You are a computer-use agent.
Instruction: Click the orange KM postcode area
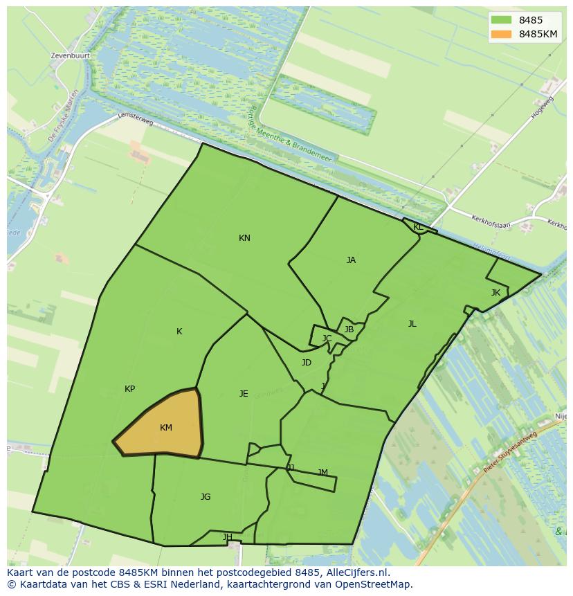(x=163, y=426)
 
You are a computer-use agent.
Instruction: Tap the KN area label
(x=244, y=238)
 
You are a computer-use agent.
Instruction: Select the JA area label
(x=351, y=260)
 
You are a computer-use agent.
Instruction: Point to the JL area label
(x=412, y=324)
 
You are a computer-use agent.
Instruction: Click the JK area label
(x=495, y=293)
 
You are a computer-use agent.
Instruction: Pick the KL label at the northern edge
(x=418, y=227)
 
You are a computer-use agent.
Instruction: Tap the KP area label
(x=129, y=389)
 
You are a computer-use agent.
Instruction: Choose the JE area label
(x=244, y=394)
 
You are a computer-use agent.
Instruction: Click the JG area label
(x=206, y=497)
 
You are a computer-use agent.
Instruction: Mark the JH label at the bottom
(x=227, y=537)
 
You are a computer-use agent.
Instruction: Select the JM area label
(x=322, y=473)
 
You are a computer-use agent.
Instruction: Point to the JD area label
(x=307, y=363)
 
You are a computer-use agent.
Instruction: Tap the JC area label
(x=327, y=338)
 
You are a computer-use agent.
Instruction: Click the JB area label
(x=349, y=329)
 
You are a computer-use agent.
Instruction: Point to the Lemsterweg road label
(x=135, y=119)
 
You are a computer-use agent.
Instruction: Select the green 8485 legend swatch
(x=502, y=20)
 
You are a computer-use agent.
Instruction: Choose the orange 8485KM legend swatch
(x=502, y=34)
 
